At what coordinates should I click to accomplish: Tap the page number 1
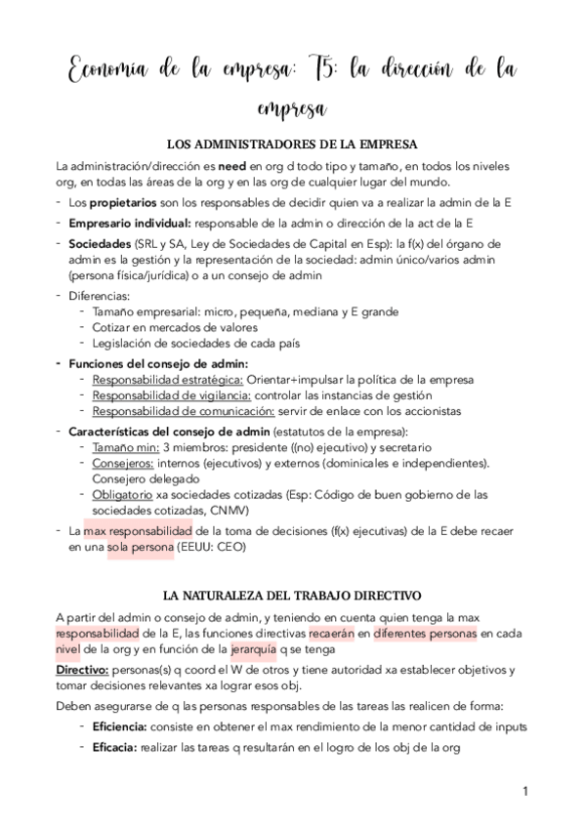point(524,790)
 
